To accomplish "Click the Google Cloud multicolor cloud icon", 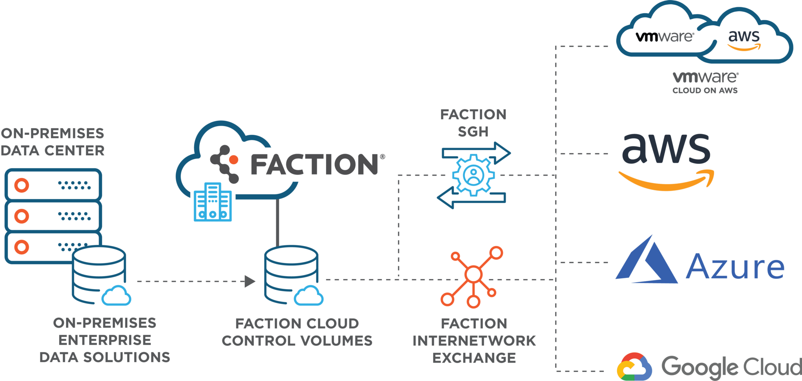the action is (x=634, y=367).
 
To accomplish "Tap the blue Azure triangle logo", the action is (x=646, y=259).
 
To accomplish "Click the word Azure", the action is (x=735, y=266).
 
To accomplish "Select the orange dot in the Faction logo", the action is (x=234, y=160).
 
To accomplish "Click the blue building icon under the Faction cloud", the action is (x=213, y=202).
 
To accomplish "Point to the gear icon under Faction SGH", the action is (x=473, y=175).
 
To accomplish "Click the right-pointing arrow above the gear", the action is (x=476, y=153).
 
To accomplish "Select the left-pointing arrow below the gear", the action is (x=471, y=198).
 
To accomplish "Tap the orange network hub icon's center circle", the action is (x=473, y=274).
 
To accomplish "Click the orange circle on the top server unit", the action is (x=22, y=185).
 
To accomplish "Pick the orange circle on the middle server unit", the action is (x=22, y=216).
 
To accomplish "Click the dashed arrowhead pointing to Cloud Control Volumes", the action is (x=250, y=281).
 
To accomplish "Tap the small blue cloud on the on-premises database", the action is (x=116, y=296).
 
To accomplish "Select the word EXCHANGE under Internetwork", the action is (x=474, y=358).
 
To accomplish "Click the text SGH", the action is (x=473, y=132).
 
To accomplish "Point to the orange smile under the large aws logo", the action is (x=666, y=180).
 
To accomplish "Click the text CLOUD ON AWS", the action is (x=705, y=91).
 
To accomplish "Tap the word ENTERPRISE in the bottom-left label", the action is (x=105, y=340).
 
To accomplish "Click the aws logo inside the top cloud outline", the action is (x=744, y=40).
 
